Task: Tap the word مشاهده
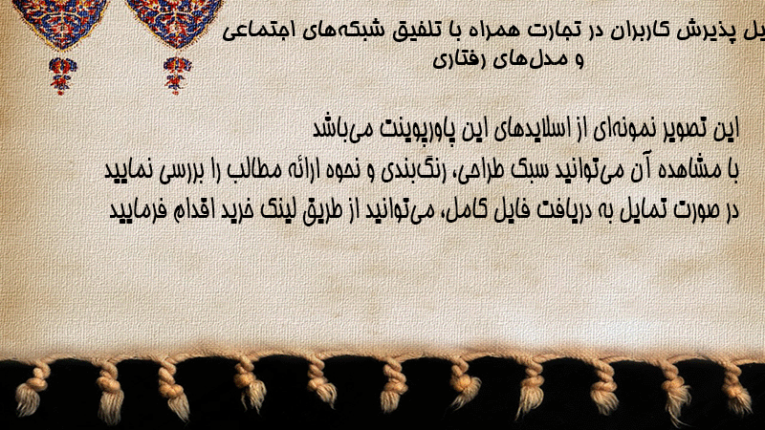tap(686, 170)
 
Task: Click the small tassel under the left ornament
tap(62, 75)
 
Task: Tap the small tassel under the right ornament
tap(177, 75)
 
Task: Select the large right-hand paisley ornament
tap(174, 23)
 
